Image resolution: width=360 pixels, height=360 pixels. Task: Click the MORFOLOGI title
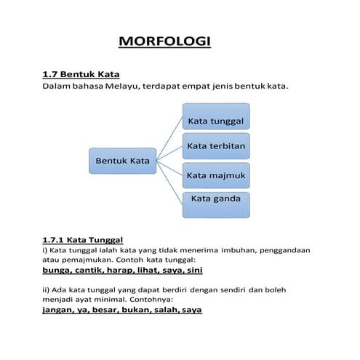pos(164,41)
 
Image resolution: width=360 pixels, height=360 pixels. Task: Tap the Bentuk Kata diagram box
pos(122,160)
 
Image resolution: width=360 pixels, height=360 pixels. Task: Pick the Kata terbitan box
pos(215,146)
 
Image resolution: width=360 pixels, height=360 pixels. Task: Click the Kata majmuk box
pos(215,175)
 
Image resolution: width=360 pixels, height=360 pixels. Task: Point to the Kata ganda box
pos(215,204)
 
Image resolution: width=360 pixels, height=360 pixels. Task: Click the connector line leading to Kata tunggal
pos(169,138)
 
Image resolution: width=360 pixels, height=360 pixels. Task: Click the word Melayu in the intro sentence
pos(126,87)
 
